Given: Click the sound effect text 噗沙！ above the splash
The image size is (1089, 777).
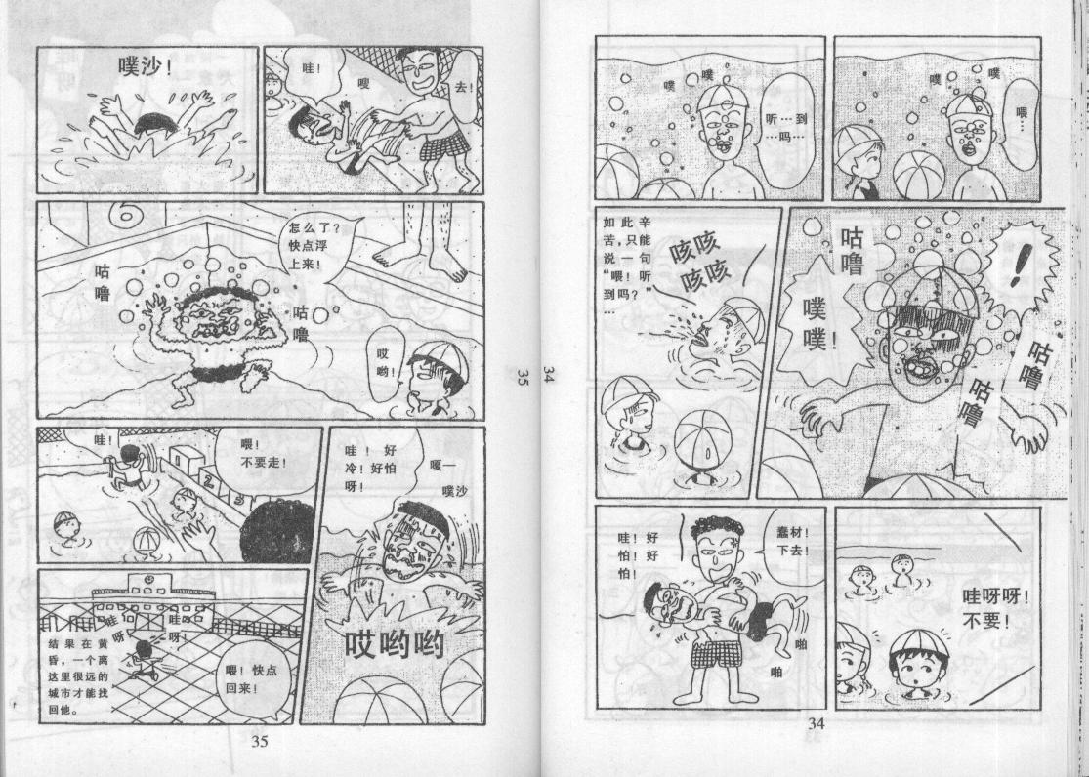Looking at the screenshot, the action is pos(146,66).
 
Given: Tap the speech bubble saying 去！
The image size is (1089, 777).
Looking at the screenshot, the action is pos(463,88).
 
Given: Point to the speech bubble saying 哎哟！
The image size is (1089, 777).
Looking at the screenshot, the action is pos(385,362).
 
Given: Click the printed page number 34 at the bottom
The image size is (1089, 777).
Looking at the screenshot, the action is pos(817,723).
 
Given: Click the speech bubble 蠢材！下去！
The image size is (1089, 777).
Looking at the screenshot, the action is pos(793,543).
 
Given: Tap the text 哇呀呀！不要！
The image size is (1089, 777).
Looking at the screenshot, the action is pos(986,608).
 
